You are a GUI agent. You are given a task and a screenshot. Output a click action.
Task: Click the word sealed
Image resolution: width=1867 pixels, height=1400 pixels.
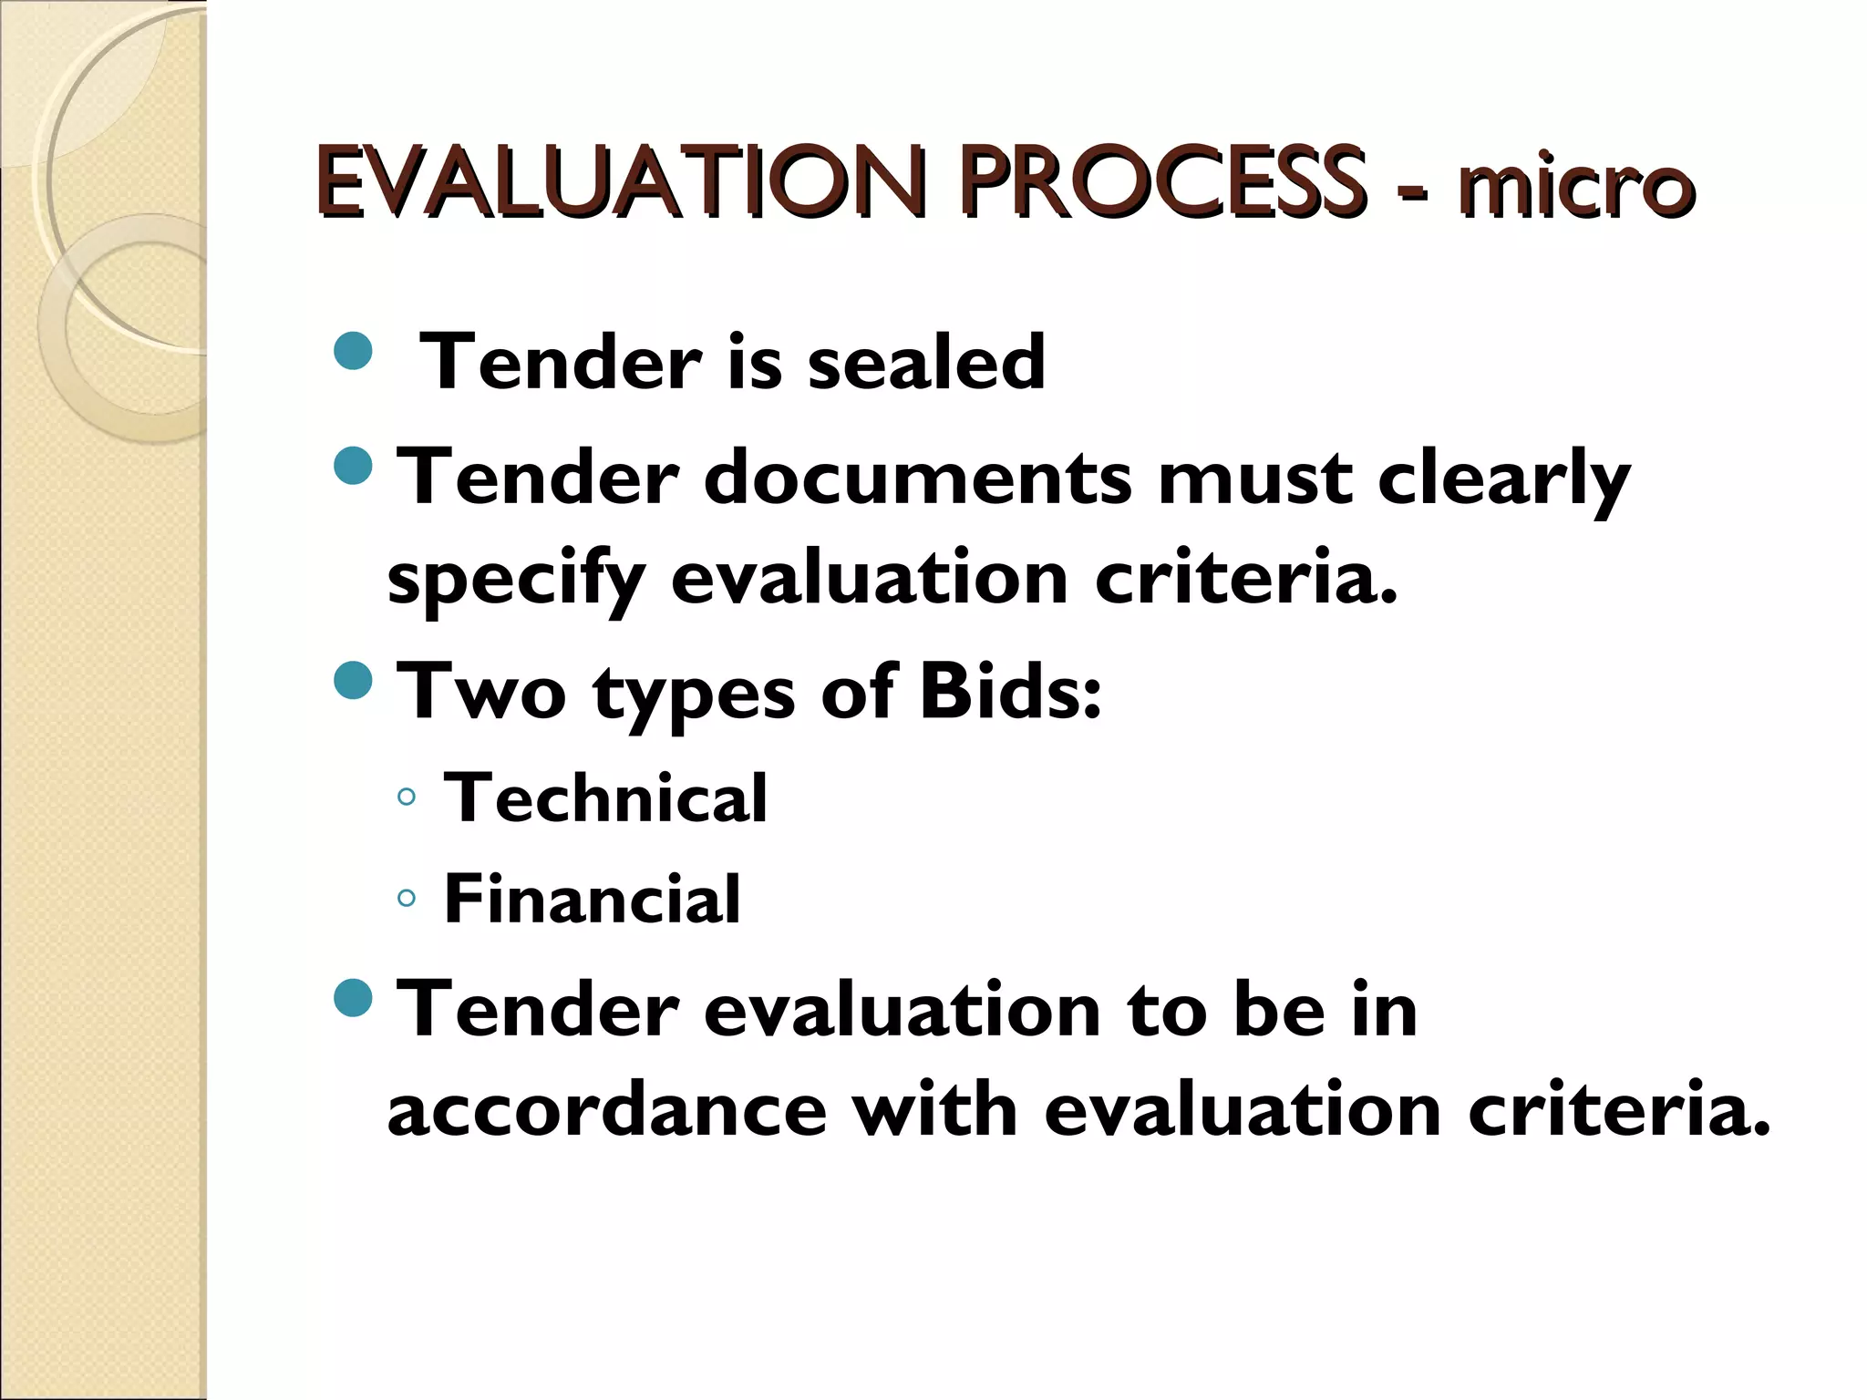[926, 362]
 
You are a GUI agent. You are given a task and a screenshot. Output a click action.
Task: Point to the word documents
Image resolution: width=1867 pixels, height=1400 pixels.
[917, 478]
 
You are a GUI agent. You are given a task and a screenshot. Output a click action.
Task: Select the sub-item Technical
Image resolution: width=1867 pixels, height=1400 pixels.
[605, 798]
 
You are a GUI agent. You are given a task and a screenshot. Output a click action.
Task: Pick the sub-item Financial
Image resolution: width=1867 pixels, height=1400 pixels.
[592, 899]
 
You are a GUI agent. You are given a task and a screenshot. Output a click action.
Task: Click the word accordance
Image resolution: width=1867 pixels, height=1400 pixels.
[607, 1110]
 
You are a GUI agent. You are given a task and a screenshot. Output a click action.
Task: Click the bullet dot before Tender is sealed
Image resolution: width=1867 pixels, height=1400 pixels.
[354, 351]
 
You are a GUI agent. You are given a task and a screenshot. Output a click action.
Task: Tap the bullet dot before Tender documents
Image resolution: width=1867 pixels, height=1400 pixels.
[354, 465]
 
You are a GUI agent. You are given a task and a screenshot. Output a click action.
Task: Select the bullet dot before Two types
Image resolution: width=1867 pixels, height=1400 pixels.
[354, 680]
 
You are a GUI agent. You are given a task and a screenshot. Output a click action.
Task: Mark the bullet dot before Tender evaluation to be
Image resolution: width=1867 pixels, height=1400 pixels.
[354, 997]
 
